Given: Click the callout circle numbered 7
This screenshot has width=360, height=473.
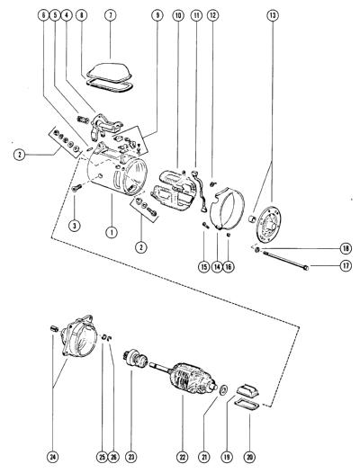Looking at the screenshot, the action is [x=110, y=15].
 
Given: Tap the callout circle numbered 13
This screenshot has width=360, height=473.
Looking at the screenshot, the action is [x=273, y=15].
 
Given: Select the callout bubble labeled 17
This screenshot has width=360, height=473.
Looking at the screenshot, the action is [x=346, y=266].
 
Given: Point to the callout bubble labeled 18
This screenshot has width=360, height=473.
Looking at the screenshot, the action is [x=346, y=248].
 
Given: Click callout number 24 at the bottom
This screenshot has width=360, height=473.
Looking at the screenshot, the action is [x=53, y=458].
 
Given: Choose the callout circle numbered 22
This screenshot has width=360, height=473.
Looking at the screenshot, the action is [x=182, y=458].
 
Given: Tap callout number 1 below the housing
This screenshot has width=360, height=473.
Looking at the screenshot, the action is [x=112, y=232].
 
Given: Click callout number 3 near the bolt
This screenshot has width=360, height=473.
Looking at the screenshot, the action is [x=75, y=225].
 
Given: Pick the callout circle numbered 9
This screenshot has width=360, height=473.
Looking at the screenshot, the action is [x=157, y=15].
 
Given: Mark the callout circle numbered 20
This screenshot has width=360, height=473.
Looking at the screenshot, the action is [x=249, y=458].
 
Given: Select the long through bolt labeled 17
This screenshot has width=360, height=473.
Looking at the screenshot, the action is [x=285, y=260].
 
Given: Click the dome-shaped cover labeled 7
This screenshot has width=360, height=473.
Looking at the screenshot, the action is [x=110, y=73].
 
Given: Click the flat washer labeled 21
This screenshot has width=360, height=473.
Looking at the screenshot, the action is [x=224, y=389].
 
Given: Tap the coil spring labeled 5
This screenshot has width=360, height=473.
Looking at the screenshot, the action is [x=84, y=120].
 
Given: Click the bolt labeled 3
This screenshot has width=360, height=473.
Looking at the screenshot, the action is [x=76, y=189].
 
